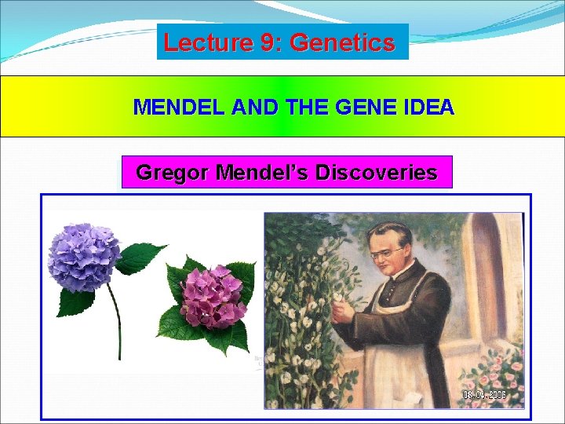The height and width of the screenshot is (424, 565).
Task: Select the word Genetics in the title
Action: (x=342, y=42)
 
